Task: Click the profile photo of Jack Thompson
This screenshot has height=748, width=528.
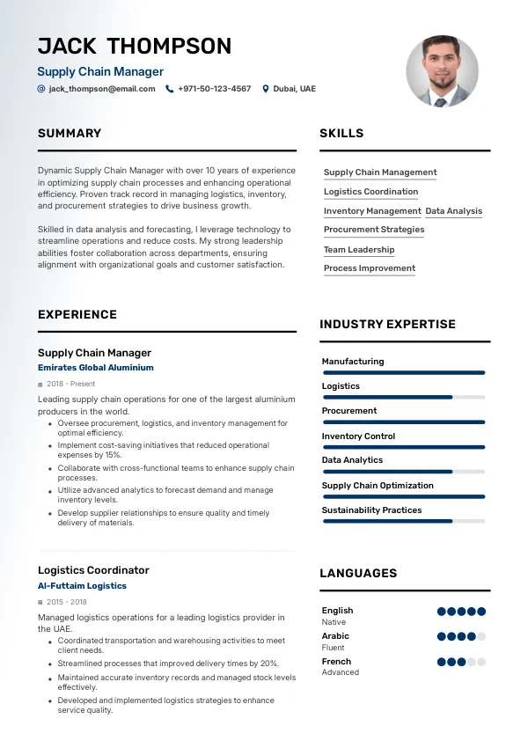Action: tap(442, 71)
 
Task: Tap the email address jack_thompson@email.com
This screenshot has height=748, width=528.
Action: tap(101, 89)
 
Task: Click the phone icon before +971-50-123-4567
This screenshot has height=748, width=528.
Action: tap(170, 89)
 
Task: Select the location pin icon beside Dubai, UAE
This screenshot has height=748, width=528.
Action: tap(266, 89)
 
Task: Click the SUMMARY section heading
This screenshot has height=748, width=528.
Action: tap(70, 134)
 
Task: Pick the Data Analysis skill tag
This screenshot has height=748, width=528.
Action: tap(453, 211)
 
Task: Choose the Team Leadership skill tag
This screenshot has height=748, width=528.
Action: tap(359, 250)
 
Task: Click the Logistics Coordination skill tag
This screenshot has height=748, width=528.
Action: tap(370, 192)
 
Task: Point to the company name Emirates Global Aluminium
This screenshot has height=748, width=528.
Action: tap(95, 368)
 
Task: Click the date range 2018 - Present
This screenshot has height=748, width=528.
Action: tap(71, 385)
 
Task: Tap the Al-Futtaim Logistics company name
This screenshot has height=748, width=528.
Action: tap(82, 586)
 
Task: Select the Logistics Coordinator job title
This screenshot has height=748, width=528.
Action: tap(93, 570)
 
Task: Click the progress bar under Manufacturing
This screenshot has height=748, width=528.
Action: tap(403, 372)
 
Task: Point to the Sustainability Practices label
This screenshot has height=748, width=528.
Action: tap(371, 510)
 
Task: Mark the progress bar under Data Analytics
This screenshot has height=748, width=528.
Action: tap(403, 472)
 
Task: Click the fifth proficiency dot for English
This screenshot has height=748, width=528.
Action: tap(481, 612)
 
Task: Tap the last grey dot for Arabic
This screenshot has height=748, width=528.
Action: tap(481, 636)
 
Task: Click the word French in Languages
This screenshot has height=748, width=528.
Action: tap(336, 662)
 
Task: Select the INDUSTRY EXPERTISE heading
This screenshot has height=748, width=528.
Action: tap(387, 325)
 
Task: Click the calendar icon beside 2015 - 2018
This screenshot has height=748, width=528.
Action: tap(40, 603)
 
